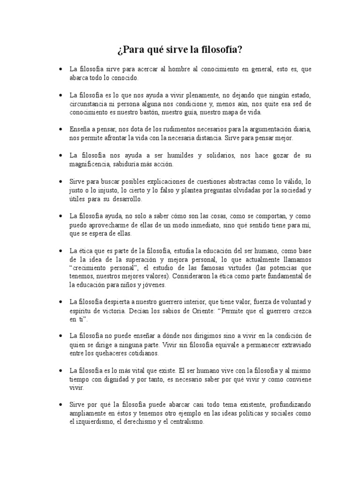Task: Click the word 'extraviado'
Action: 295,345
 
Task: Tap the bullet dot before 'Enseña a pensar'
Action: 61,129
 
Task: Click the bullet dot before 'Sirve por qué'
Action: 61,405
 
